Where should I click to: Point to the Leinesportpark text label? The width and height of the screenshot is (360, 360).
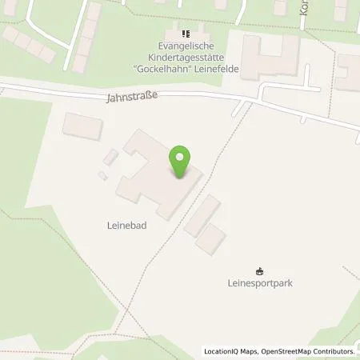click(x=258, y=282)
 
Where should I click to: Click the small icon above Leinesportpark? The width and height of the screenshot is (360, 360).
click(x=258, y=270)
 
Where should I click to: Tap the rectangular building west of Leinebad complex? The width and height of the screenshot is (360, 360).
click(x=83, y=126)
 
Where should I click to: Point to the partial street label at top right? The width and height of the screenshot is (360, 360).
click(x=304, y=10)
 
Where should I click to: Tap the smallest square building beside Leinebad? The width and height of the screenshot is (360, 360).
click(x=102, y=175)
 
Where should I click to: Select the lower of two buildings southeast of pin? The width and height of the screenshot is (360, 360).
click(x=211, y=238)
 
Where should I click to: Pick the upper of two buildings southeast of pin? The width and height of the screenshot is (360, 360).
click(x=202, y=215)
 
